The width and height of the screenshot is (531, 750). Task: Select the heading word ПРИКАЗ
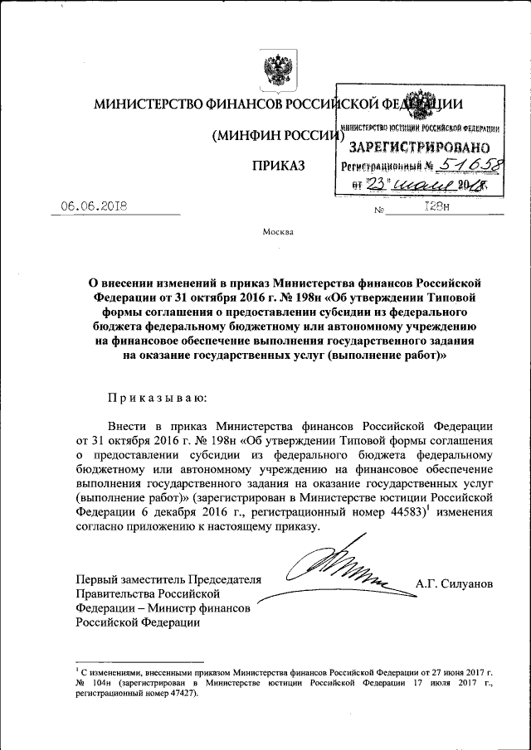point(279,166)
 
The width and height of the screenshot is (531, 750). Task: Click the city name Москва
point(278,231)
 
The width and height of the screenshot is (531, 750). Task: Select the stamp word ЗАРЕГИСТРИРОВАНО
point(421,147)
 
